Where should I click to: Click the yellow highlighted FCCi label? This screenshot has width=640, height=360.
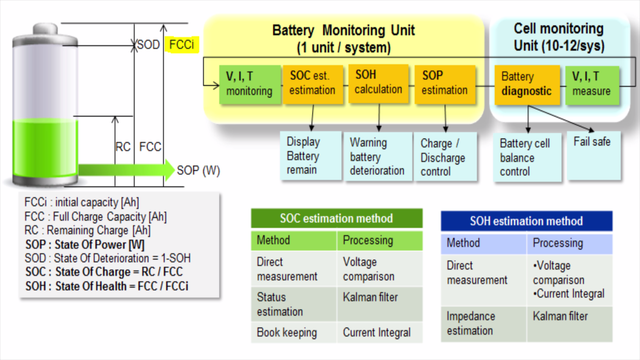(182, 44)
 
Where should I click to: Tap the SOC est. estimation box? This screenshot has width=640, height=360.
(313, 84)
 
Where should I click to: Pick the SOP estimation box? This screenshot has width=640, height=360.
(445, 84)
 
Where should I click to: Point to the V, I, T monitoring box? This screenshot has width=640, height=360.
(250, 84)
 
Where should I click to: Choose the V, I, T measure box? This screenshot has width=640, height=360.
(592, 85)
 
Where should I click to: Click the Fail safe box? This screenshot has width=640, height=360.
(594, 155)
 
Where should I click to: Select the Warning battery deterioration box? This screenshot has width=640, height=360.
(378, 156)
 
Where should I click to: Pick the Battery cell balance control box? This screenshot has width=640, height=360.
(527, 157)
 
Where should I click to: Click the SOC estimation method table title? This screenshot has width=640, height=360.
(336, 218)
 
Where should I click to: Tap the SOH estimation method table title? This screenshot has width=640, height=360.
(526, 221)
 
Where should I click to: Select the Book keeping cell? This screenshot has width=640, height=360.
(293, 332)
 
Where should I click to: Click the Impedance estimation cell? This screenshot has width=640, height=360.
(483, 323)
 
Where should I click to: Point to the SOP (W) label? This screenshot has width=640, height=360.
(198, 170)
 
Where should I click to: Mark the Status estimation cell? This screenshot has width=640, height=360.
(293, 304)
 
